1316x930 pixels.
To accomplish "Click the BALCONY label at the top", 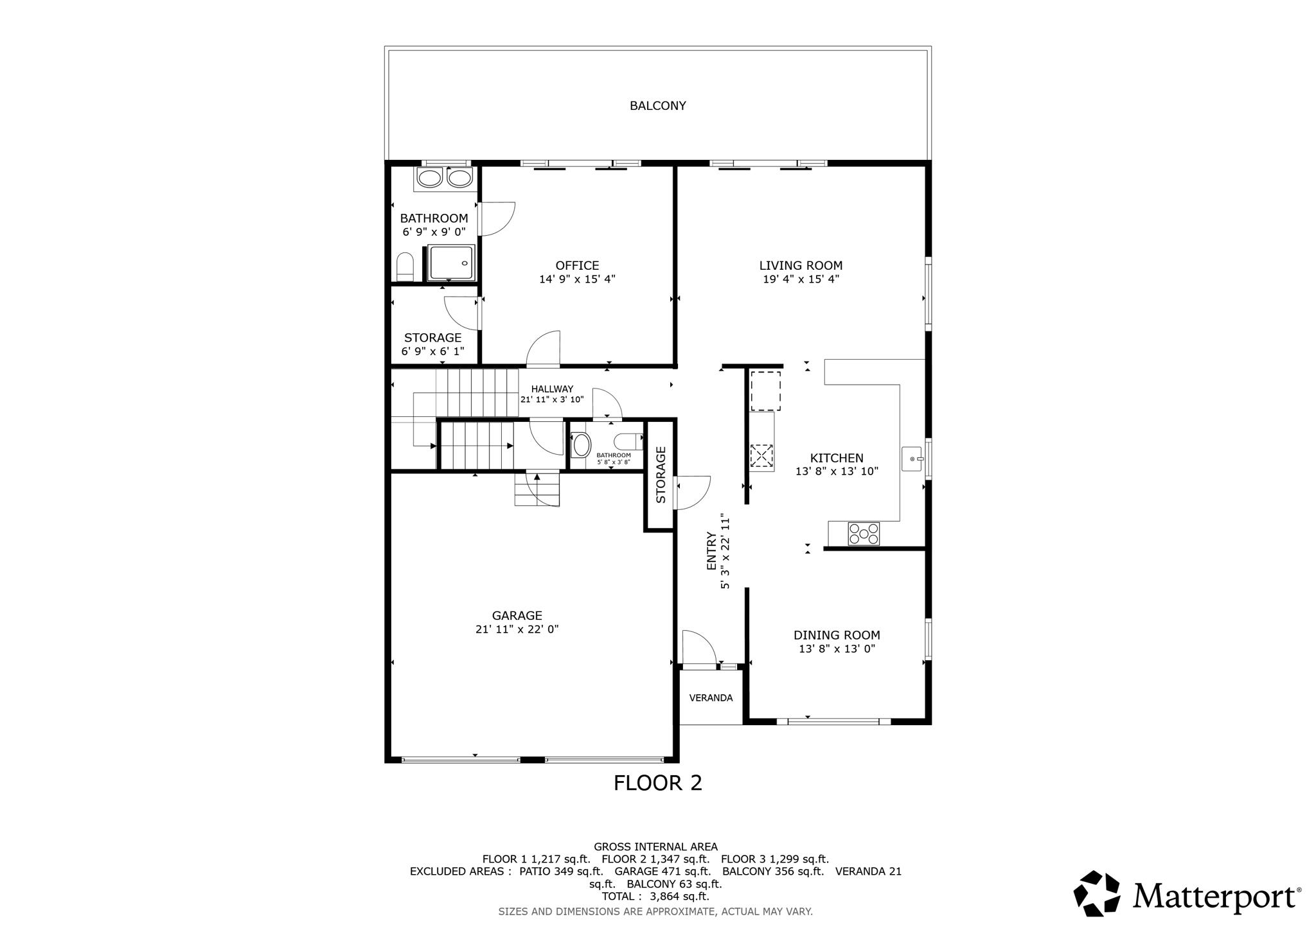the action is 657,105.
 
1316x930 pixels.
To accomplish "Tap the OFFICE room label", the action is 577,265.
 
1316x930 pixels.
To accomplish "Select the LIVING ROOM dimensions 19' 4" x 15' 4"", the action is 801,279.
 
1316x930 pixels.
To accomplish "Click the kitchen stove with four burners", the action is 864,534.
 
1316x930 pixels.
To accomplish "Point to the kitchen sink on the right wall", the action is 912,459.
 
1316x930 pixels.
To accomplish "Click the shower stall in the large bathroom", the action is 452,263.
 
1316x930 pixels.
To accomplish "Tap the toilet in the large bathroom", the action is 405,267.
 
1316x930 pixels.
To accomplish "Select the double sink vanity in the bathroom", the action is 444,178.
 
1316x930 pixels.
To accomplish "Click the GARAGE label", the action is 517,615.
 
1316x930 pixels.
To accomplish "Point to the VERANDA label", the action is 711,698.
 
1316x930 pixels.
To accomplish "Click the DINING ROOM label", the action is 837,635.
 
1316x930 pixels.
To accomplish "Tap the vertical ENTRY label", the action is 711,551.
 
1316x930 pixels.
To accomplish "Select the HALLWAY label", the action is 552,389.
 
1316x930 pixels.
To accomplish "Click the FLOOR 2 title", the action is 657,783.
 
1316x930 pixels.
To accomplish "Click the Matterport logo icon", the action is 1098,893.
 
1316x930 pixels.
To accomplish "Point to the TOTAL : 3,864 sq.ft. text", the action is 655,896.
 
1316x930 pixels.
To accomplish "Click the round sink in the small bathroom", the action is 581,444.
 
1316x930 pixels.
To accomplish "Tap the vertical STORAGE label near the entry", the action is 661,475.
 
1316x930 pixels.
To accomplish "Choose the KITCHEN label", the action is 837,458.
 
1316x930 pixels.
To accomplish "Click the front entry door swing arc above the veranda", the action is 704,640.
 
